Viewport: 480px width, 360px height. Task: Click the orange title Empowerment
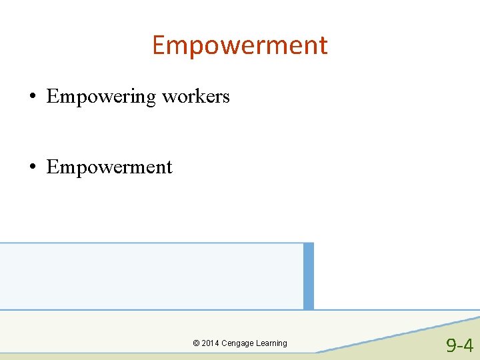[240, 45]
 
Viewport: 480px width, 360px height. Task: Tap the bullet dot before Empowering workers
[33, 97]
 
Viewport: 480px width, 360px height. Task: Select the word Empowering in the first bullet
[101, 97]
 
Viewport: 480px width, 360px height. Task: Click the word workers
[196, 97]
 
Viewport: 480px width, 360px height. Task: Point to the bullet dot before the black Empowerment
[33, 167]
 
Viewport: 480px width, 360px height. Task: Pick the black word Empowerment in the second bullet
[109, 167]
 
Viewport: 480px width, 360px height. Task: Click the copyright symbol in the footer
[196, 343]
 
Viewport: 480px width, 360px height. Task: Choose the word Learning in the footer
[273, 343]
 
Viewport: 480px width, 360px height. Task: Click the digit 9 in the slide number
[452, 345]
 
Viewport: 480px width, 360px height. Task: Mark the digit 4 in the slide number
[468, 345]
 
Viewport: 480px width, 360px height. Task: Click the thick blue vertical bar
[308, 276]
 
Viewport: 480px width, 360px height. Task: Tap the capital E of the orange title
[159, 45]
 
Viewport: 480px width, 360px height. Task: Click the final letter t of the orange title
[323, 46]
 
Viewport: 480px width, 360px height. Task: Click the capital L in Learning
[260, 343]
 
